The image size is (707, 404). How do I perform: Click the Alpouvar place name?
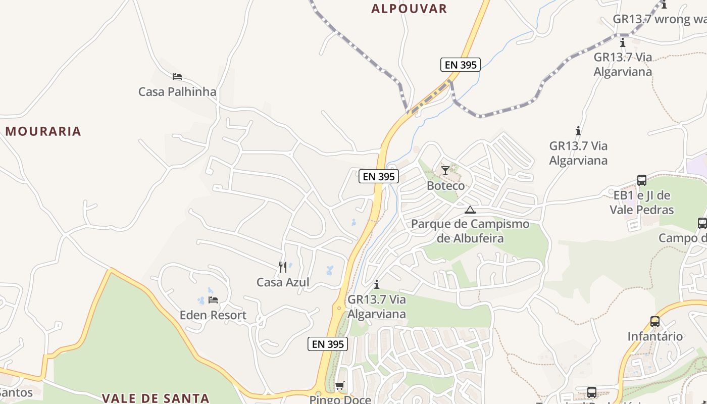pyautogui.click(x=409, y=9)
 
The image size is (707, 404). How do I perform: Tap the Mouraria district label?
pyautogui.click(x=43, y=131)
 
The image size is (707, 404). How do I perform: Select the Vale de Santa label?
pyautogui.click(x=156, y=398)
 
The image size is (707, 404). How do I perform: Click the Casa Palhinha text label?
pyautogui.click(x=177, y=92)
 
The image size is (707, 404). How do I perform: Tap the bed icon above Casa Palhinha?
pyautogui.click(x=177, y=77)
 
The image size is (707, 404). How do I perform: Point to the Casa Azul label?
pyautogui.click(x=283, y=282)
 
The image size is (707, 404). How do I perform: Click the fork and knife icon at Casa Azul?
pyautogui.click(x=283, y=267)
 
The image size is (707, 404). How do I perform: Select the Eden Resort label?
pyautogui.click(x=213, y=315)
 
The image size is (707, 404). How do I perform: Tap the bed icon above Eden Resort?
pyautogui.click(x=213, y=300)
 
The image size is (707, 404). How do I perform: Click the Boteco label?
pyautogui.click(x=445, y=185)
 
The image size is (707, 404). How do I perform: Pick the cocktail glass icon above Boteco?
pyautogui.click(x=445, y=170)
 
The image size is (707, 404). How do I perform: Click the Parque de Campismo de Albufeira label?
pyautogui.click(x=470, y=231)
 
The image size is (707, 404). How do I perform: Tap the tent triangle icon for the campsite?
pyautogui.click(x=470, y=210)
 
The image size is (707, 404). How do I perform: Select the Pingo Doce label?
pyautogui.click(x=340, y=399)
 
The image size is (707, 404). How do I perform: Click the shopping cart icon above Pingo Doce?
pyautogui.click(x=340, y=386)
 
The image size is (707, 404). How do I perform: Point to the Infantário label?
pyautogui.click(x=655, y=336)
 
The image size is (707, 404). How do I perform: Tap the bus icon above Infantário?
pyautogui.click(x=655, y=321)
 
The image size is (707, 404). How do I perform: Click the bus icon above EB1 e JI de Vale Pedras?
pyautogui.click(x=641, y=180)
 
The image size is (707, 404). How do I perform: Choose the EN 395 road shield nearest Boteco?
pyautogui.click(x=379, y=177)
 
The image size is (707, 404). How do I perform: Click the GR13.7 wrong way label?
pyautogui.click(x=659, y=19)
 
